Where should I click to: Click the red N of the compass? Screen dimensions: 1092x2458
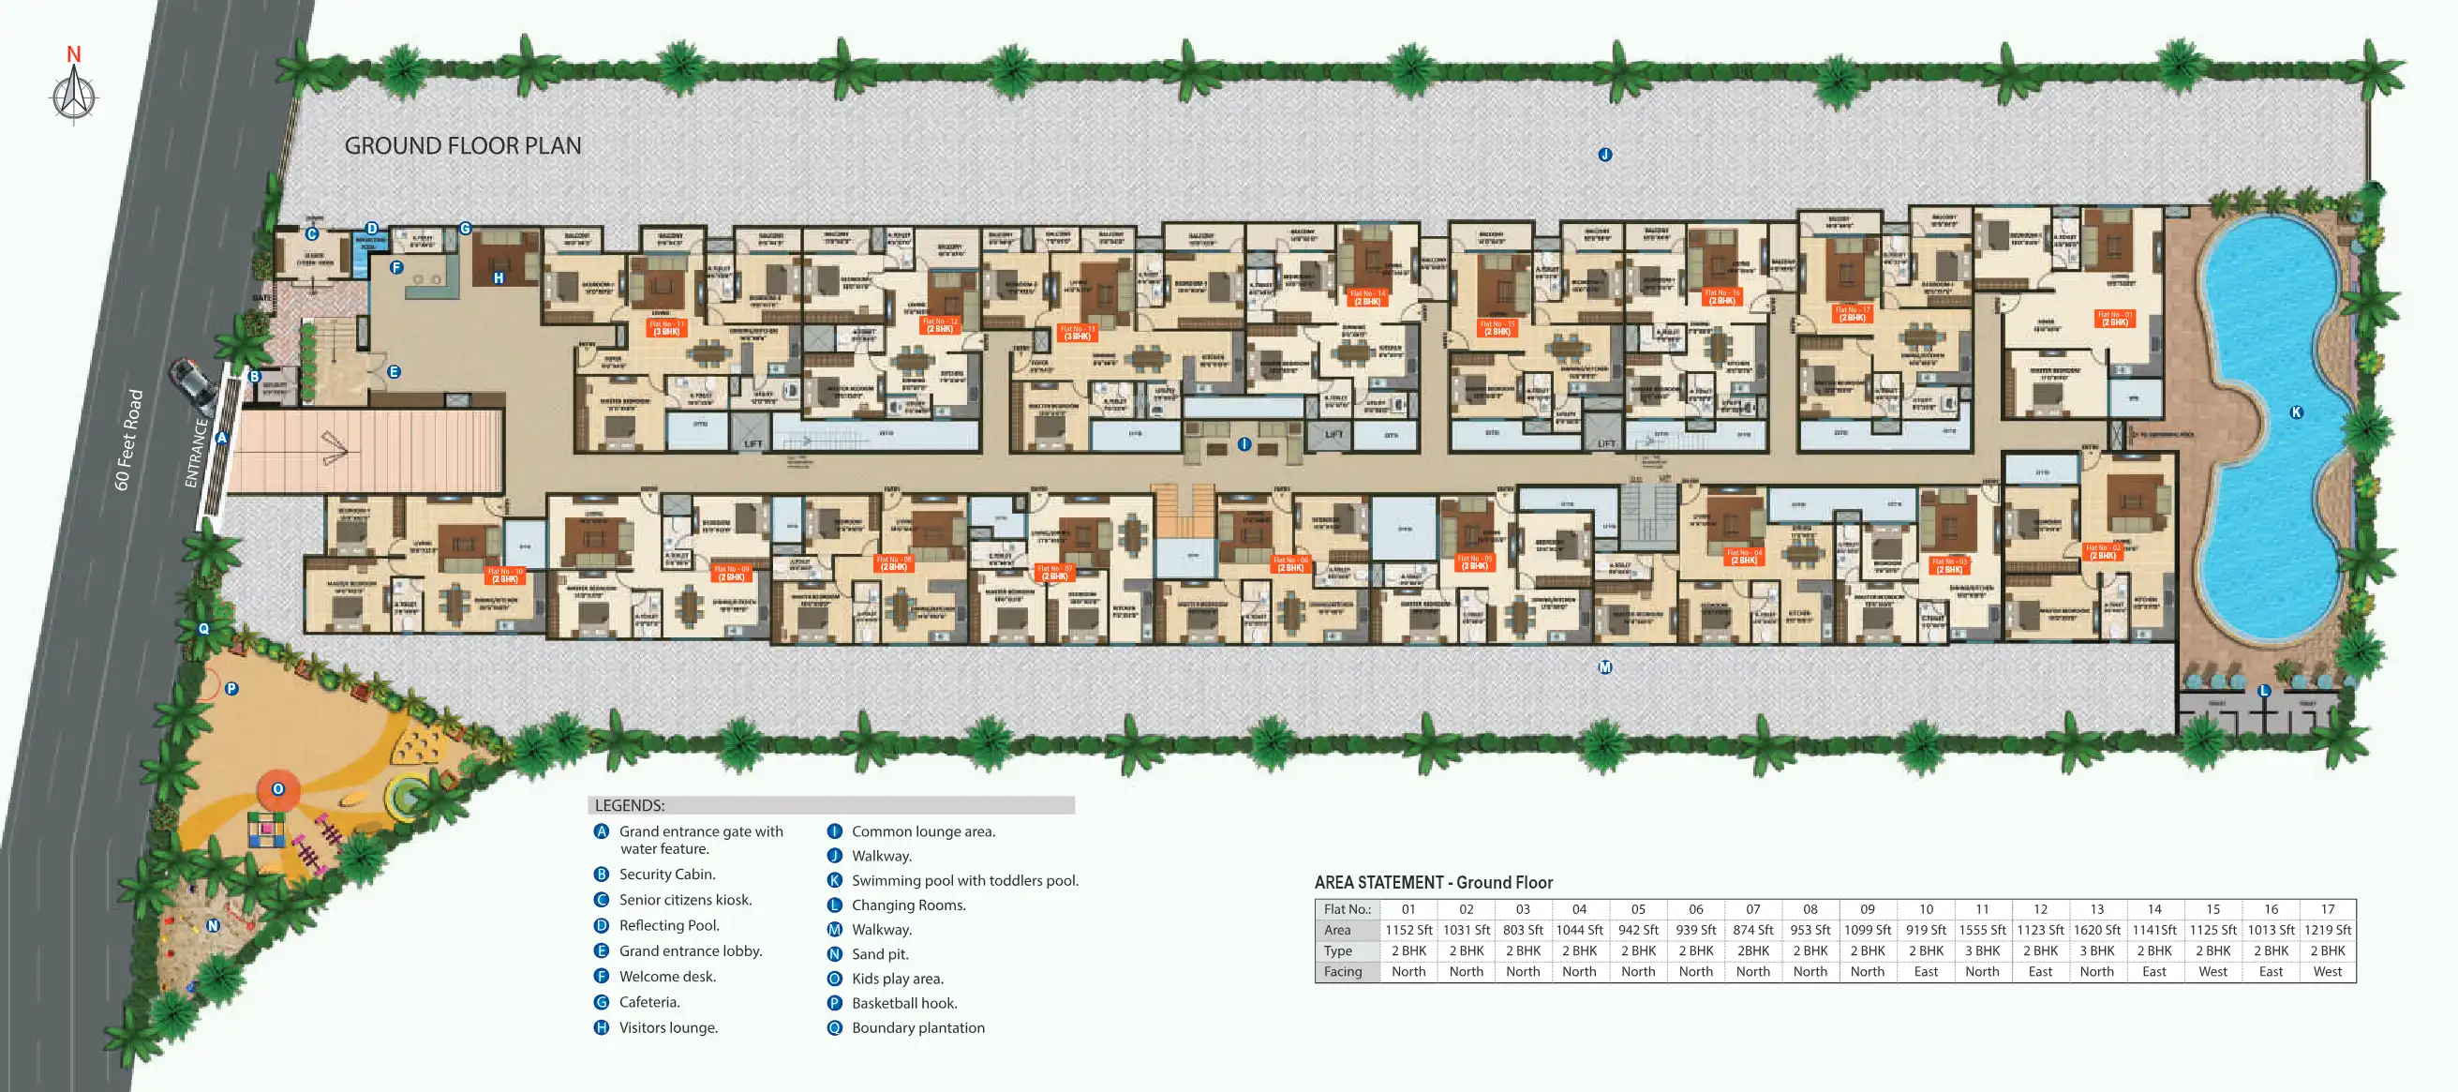[x=73, y=54]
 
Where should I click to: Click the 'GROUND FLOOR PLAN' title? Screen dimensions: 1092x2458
[x=463, y=146]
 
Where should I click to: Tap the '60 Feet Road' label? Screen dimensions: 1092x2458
[x=128, y=439]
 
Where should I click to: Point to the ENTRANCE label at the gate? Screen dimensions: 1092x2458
[x=196, y=453]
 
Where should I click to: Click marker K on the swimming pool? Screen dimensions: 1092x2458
[x=2296, y=412]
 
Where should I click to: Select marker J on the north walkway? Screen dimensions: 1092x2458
[x=1605, y=155]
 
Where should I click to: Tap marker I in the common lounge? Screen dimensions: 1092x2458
[x=1244, y=444]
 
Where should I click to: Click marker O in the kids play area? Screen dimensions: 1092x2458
[x=277, y=789]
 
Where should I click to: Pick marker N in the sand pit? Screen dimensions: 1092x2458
[x=213, y=925]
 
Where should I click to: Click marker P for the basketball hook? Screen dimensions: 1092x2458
[x=231, y=688]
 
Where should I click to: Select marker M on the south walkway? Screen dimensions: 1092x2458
[x=1605, y=667]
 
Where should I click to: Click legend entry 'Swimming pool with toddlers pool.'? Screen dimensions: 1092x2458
[x=964, y=880]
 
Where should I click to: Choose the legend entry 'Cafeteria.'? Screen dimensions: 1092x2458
[x=649, y=1001]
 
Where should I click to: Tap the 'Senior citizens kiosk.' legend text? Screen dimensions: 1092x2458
[x=685, y=899]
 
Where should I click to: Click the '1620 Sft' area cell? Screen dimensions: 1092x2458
[x=2096, y=930]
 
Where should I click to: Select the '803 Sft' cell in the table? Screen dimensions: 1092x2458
[x=1523, y=930]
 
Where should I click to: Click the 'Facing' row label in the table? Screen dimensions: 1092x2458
[x=1343, y=972]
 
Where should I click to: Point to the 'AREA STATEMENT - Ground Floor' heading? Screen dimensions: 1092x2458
[x=1433, y=883]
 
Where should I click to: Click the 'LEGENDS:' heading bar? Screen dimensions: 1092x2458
[x=830, y=805]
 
